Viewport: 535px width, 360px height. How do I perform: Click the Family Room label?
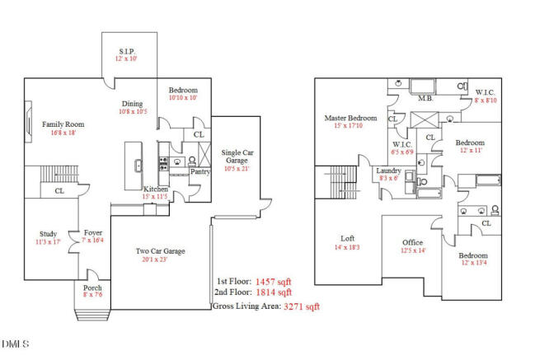[x=63, y=124]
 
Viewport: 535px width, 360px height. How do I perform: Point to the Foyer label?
[x=92, y=232]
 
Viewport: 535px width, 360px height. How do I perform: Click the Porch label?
[x=93, y=288]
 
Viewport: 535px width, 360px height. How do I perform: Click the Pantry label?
[x=200, y=172]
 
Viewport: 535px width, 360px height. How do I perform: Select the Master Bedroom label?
[x=350, y=119]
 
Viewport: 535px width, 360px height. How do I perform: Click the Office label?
[x=412, y=241]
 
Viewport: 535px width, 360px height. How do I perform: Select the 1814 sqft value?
[x=274, y=292]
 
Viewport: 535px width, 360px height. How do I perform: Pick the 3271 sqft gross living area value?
[x=301, y=306]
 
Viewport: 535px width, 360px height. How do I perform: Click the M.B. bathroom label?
[x=425, y=98]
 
